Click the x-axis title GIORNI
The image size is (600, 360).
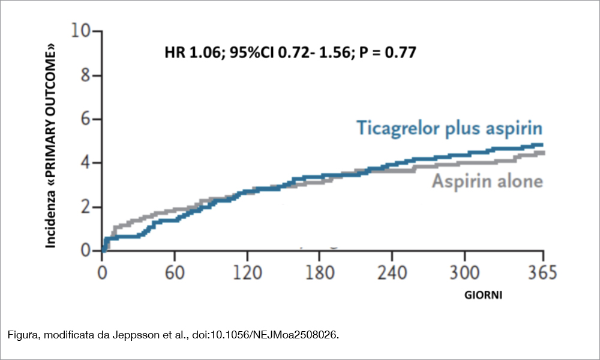point(483,296)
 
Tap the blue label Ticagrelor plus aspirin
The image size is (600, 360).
point(449,128)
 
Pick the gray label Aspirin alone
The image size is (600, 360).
point(487,181)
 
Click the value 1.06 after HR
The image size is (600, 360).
point(203,52)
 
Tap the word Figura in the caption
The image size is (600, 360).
point(22,334)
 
